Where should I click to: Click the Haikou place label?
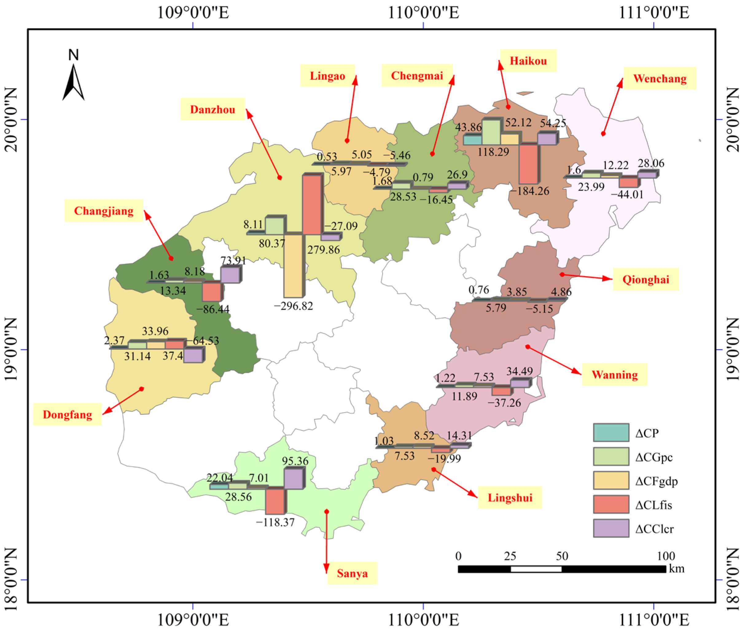pos(528,61)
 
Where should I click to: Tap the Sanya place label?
pos(352,573)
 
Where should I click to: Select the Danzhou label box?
pos(212,110)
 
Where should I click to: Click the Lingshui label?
pos(510,498)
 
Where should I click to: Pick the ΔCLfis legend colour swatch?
pos(611,504)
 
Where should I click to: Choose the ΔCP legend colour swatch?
pos(611,433)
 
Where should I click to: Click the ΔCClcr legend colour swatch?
pos(611,528)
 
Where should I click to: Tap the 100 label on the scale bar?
pos(666,556)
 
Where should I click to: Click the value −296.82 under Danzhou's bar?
pos(293,306)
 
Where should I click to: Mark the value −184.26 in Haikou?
pos(530,191)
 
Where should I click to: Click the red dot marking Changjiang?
pos(171,258)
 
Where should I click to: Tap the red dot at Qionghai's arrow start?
pos(562,274)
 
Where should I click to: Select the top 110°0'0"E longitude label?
pos(423,13)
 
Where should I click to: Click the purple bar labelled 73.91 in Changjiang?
pos(230,275)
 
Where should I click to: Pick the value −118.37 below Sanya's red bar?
pos(275,523)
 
